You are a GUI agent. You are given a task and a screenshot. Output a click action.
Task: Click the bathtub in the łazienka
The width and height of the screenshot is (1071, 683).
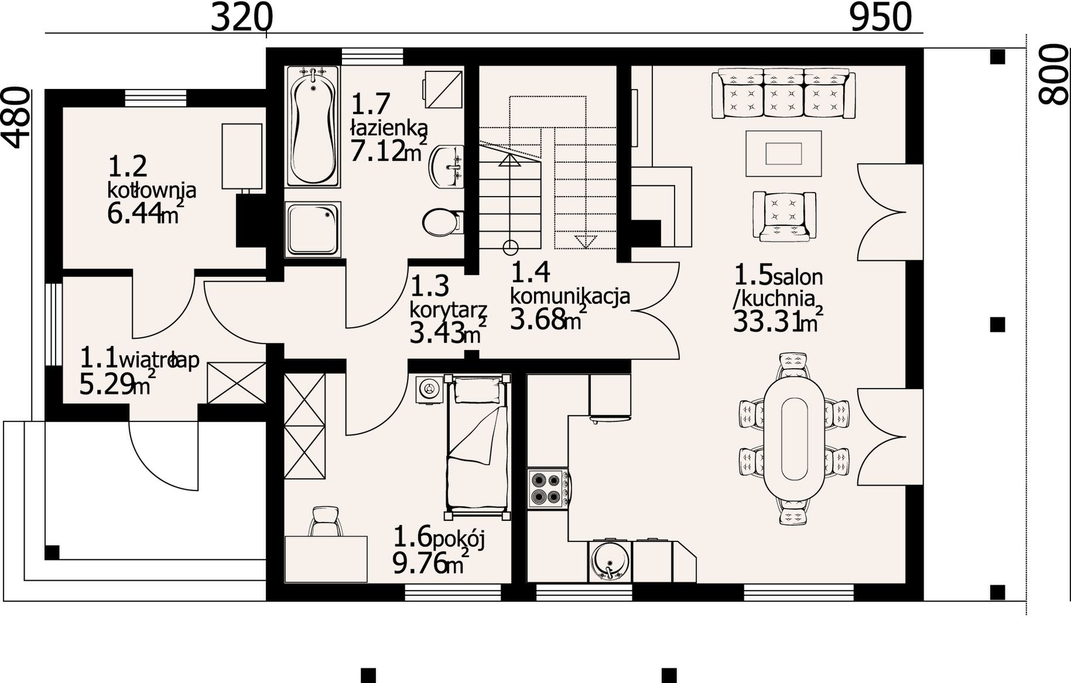point(313,127)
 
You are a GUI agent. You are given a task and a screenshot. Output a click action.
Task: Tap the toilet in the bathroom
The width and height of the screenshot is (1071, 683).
point(443,222)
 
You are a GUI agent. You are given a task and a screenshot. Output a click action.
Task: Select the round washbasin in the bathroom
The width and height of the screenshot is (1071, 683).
point(447,167)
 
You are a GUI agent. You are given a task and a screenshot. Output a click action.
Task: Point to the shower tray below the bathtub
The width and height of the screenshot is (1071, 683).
point(313,229)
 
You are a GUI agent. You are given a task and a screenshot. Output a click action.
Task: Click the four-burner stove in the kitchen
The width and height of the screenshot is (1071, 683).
point(548,488)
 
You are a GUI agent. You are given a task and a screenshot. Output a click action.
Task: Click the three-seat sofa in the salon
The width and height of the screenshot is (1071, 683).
point(783,94)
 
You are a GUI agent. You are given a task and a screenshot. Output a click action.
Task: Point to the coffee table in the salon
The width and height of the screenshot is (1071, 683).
point(783,153)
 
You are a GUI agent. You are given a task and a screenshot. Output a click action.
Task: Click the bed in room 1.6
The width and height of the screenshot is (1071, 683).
point(478,448)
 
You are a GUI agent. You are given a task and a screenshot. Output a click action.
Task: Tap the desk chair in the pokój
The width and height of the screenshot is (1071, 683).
point(326,521)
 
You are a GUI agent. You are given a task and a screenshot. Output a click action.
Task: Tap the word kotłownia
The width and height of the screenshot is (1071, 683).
point(152,191)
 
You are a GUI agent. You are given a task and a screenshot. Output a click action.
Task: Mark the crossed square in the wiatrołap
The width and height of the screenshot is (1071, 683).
point(237,383)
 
